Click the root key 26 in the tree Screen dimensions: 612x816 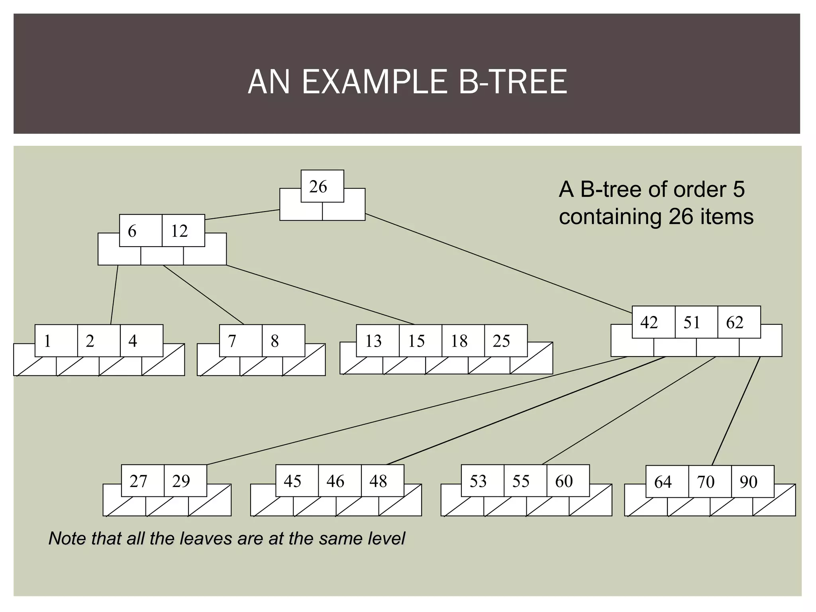point(322,186)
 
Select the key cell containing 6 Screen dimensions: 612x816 point(141,231)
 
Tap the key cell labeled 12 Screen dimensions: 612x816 point(183,231)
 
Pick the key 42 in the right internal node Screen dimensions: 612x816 point(653,322)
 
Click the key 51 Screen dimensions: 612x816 point(696,322)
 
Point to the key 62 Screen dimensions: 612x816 point(739,322)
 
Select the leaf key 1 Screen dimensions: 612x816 point(56,341)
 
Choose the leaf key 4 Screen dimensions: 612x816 point(141,341)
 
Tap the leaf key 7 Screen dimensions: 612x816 point(241,341)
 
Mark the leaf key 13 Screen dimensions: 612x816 point(377,341)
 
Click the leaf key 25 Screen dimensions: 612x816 point(506,341)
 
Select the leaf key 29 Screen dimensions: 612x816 point(185,481)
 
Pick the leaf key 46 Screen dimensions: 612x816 point(339,481)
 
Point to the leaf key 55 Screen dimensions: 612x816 point(525,481)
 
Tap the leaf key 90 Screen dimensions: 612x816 point(753,482)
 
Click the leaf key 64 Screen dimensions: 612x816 point(667,482)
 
